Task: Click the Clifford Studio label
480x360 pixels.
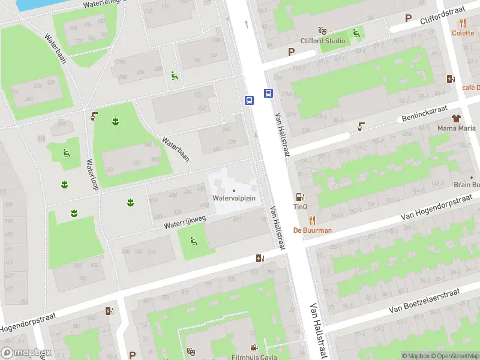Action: (323, 41)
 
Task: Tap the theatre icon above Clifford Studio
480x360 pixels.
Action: (323, 30)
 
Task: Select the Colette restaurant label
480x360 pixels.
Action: (463, 33)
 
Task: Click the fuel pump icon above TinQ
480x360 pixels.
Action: (299, 197)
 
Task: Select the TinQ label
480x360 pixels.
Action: (300, 207)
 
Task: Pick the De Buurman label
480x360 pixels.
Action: (312, 230)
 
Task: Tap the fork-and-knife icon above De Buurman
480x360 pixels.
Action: (312, 220)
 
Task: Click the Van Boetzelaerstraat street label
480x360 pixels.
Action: (424, 301)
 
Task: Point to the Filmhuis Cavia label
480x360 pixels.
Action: (254, 358)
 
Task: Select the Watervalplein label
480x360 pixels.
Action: (234, 197)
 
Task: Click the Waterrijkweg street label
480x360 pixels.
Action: (185, 223)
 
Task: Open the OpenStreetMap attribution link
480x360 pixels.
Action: (455, 356)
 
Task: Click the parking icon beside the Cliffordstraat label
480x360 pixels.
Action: (408, 19)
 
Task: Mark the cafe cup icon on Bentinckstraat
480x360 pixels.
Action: (361, 126)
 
